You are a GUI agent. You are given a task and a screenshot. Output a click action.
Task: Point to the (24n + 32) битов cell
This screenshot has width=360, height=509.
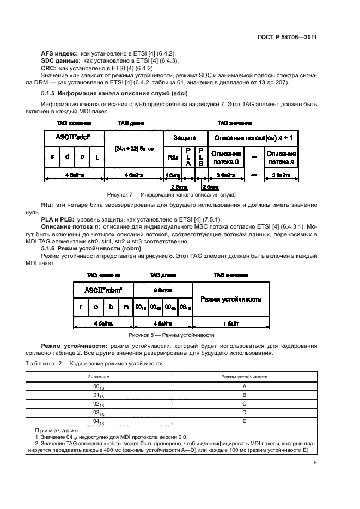(133, 148)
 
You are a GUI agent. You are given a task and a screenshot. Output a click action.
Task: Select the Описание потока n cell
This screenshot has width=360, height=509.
(281, 158)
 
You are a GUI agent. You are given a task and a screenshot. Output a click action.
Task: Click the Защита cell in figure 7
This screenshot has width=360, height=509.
(185, 138)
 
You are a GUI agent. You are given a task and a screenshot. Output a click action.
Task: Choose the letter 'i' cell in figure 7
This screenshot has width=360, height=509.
(96, 158)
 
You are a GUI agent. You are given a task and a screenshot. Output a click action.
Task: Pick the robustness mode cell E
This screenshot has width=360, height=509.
(244, 421)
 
